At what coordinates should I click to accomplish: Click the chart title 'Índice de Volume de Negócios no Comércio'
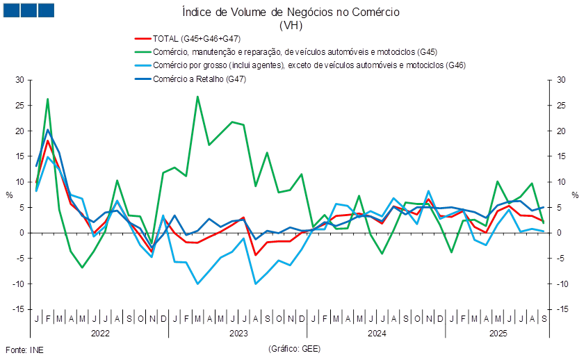coord(290,13)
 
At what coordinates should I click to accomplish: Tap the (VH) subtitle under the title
coord(290,25)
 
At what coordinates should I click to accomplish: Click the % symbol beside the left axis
coord(9,195)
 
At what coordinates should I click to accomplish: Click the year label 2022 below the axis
coord(100,334)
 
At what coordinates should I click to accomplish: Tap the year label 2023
coord(238,334)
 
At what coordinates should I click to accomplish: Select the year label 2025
coord(498,334)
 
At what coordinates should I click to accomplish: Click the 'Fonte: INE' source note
coord(24,349)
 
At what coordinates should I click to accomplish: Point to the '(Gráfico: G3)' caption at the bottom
coord(293,348)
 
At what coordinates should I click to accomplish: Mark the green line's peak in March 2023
coord(197,97)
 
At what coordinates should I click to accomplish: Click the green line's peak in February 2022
coord(47,99)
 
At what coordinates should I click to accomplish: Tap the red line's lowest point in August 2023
coord(255,255)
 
